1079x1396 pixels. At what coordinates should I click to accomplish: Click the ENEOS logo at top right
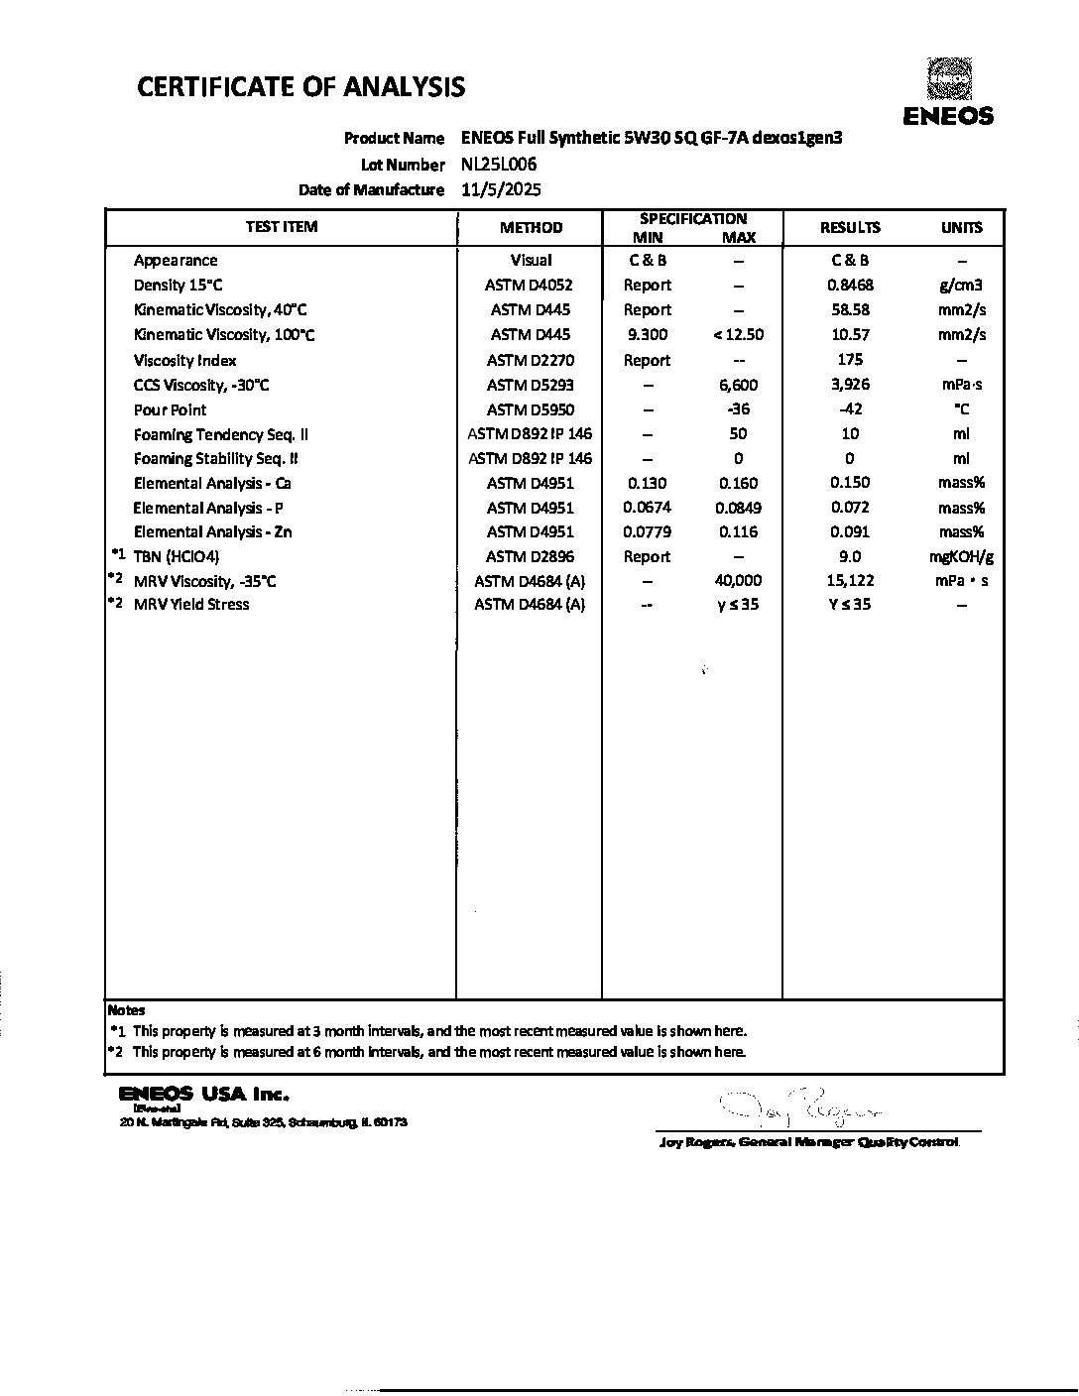click(948, 93)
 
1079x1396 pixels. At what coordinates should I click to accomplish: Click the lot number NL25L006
click(499, 165)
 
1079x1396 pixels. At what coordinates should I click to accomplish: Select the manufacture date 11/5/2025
click(502, 189)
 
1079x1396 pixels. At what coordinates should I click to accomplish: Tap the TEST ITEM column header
click(282, 227)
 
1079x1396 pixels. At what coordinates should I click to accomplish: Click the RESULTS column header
click(850, 227)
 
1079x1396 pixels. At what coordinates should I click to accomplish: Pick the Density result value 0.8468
click(850, 286)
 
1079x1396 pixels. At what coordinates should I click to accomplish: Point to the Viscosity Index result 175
click(850, 360)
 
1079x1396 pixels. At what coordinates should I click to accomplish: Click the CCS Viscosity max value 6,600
click(738, 385)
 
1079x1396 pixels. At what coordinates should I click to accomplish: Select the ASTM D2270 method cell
click(531, 360)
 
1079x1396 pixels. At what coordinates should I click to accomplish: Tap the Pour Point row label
click(171, 409)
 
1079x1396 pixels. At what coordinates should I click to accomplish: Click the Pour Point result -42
click(849, 408)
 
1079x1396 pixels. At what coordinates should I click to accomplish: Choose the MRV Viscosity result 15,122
click(849, 580)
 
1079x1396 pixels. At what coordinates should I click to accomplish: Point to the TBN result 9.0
click(850, 556)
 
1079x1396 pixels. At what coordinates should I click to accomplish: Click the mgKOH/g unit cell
click(961, 556)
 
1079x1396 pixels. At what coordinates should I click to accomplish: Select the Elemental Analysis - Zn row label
click(212, 532)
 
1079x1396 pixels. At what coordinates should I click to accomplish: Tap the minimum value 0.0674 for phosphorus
click(647, 508)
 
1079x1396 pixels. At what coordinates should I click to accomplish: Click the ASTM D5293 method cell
click(531, 385)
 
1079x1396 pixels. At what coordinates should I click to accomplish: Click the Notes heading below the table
click(126, 1010)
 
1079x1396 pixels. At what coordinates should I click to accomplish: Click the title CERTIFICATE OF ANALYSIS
click(300, 87)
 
